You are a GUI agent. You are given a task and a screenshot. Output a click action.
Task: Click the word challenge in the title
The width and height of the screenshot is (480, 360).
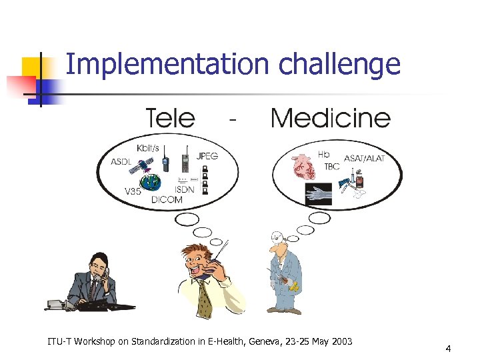tap(339, 65)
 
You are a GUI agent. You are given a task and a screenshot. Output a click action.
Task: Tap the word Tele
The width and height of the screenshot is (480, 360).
tap(170, 118)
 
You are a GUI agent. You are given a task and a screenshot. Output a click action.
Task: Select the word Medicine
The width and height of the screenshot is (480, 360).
tap(330, 118)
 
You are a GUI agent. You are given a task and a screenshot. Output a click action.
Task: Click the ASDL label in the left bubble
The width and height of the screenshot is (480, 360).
tap(121, 162)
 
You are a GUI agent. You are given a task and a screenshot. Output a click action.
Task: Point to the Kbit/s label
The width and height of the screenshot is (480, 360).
tap(148, 147)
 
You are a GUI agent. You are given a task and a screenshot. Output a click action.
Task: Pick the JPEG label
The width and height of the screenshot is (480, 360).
tap(207, 156)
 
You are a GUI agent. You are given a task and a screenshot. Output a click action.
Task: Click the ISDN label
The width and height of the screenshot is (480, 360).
tap(185, 189)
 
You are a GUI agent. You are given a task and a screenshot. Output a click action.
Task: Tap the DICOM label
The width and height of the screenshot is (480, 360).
tap(167, 199)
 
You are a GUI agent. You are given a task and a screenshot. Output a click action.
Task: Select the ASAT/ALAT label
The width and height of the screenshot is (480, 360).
tap(364, 159)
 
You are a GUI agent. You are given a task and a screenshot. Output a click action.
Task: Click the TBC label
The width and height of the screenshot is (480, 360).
tap(331, 167)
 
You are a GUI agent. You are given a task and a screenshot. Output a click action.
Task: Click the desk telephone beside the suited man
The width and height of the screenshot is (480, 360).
tap(56, 304)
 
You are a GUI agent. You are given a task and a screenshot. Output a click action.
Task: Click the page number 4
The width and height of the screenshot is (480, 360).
tap(449, 349)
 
